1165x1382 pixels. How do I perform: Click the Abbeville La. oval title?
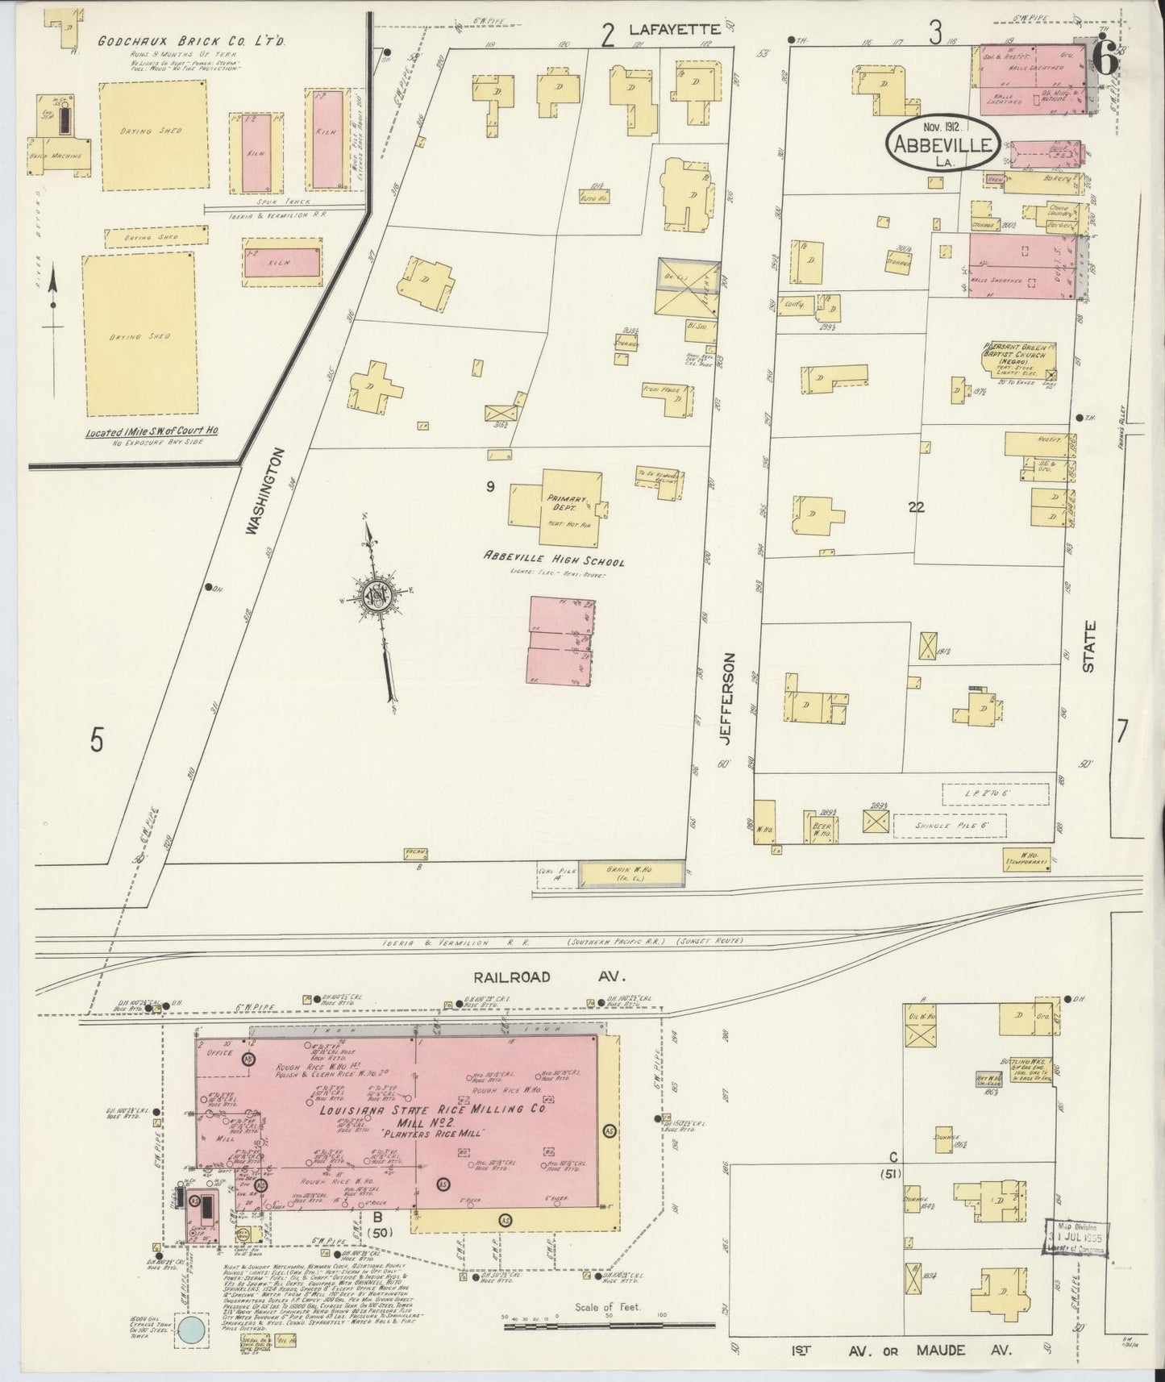pyautogui.click(x=943, y=145)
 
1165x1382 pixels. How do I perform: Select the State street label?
pyautogui.click(x=1089, y=647)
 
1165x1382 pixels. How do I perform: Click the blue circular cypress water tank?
pyautogui.click(x=193, y=1331)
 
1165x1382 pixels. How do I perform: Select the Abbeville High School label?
pyautogui.click(x=554, y=560)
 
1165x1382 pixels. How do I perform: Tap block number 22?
pyautogui.click(x=915, y=507)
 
